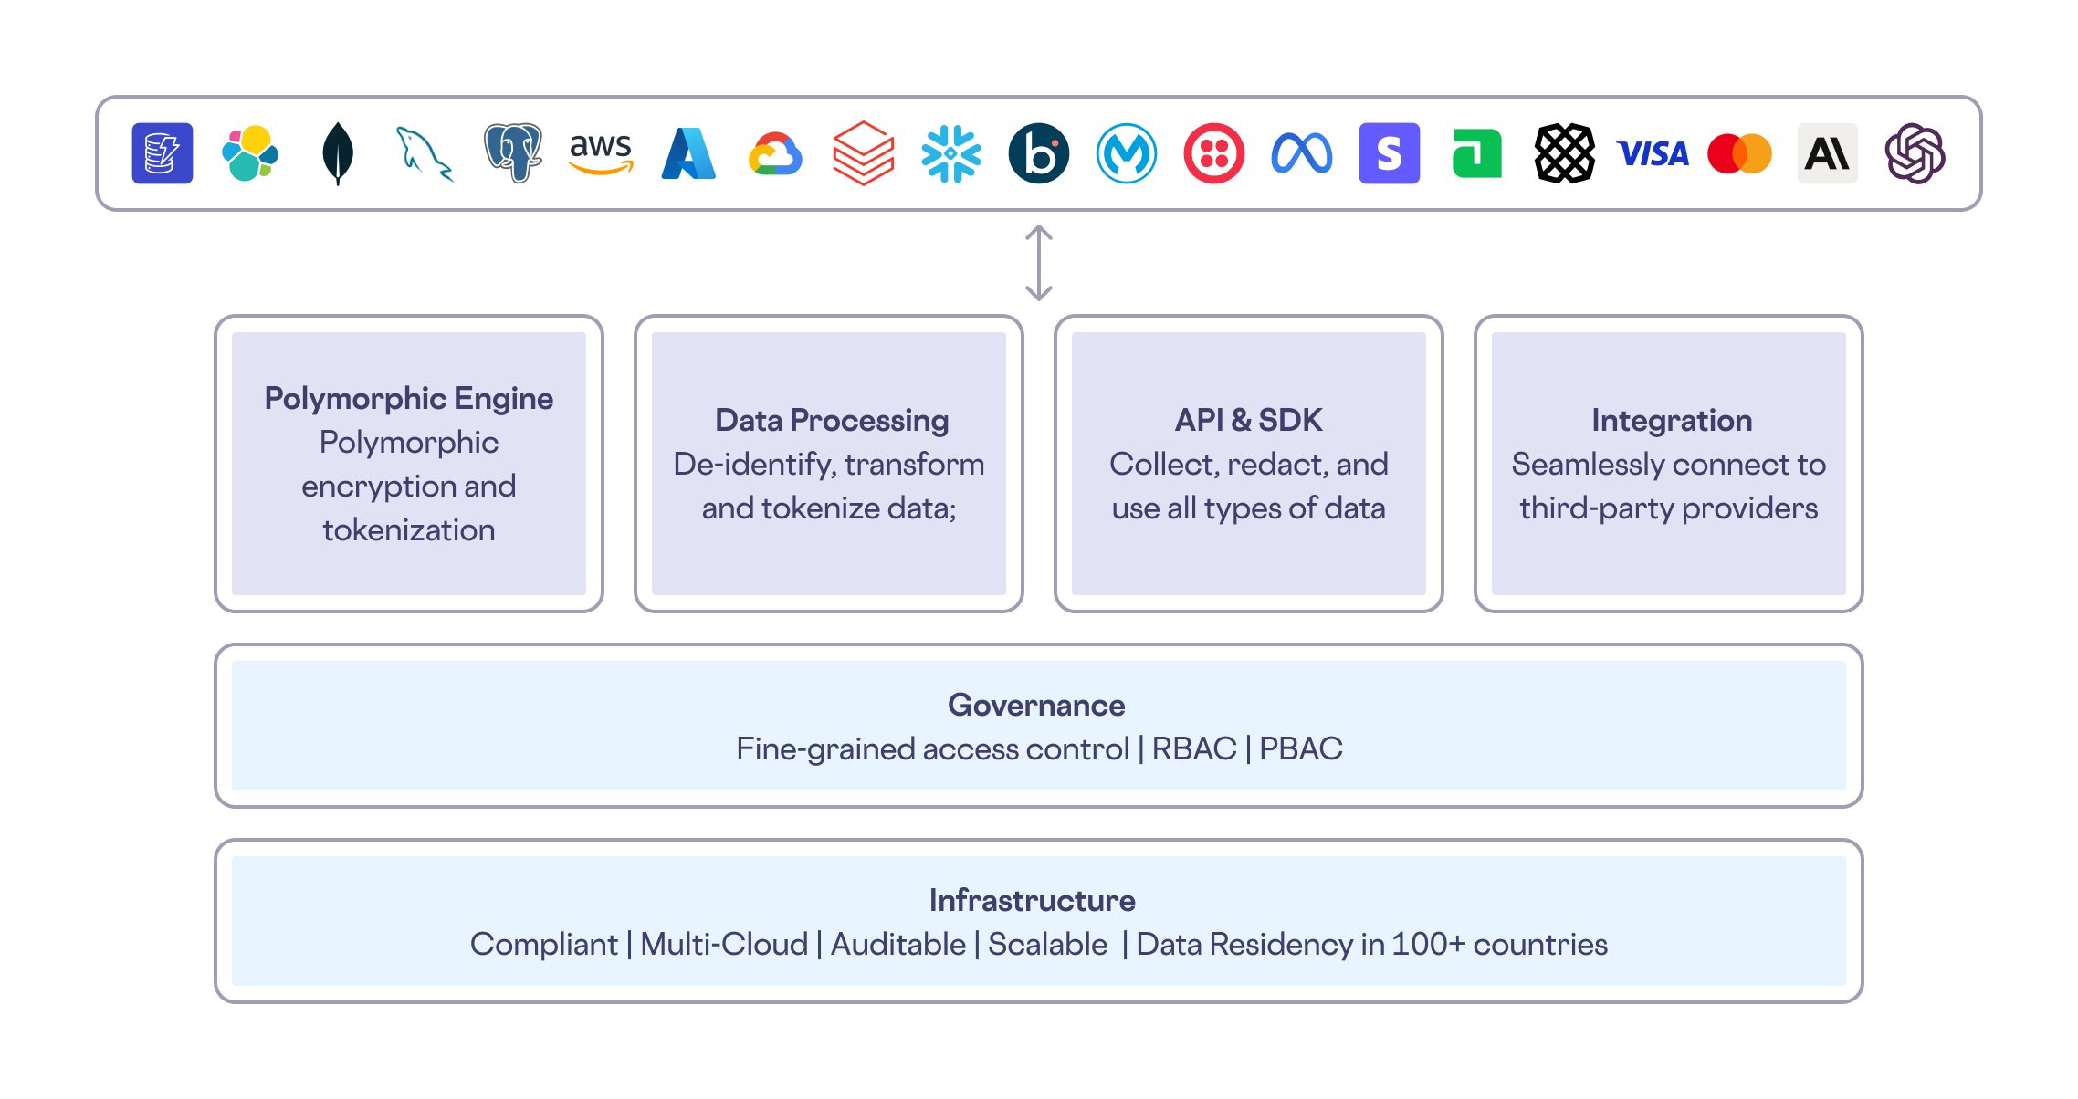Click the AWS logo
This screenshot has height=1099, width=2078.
[601, 152]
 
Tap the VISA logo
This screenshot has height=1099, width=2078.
[1653, 153]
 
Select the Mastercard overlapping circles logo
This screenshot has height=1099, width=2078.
[1739, 153]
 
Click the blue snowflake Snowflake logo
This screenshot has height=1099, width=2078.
[950, 153]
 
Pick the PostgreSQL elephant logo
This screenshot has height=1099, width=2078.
[512, 152]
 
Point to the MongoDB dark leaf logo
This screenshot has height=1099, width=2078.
[338, 153]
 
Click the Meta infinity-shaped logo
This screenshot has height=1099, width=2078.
[1301, 153]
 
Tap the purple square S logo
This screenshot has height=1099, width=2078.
[1389, 153]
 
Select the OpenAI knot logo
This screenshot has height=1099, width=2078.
[1915, 153]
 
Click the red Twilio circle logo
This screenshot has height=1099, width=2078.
[1213, 153]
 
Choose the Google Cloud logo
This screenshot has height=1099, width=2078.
[775, 153]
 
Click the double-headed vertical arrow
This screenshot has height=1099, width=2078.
[1038, 263]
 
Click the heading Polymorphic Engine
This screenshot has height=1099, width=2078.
[408, 399]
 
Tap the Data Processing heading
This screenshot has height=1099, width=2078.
[831, 421]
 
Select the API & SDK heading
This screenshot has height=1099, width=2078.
[1248, 421]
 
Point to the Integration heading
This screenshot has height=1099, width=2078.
[1671, 421]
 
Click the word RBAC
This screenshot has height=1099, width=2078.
[1193, 749]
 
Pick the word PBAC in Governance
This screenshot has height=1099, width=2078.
[1300, 749]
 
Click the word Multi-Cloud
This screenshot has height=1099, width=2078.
[723, 945]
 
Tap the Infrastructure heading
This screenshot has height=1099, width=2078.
[1032, 901]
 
